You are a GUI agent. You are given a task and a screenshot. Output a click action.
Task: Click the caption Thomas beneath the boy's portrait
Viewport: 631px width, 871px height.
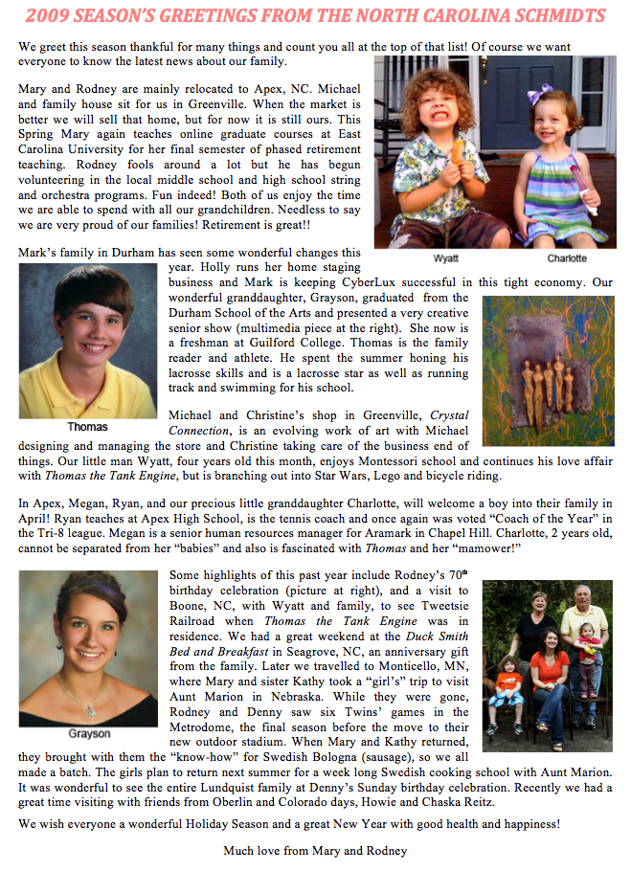pos(87,427)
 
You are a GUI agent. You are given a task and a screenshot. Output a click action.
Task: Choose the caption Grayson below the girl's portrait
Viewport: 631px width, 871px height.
pos(88,734)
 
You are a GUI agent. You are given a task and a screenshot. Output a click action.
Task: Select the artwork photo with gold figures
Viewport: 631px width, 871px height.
pos(548,370)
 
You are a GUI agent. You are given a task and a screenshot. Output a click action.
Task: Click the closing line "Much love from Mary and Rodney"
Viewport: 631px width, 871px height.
pos(315,850)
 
